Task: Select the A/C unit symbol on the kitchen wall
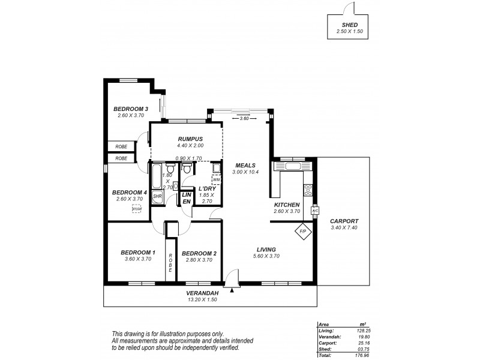point(314,211)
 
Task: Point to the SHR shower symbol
point(157,196)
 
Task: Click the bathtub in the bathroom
point(156,178)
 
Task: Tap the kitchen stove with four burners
point(308,191)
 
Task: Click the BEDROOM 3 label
point(131,109)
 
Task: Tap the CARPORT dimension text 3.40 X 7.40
point(344,229)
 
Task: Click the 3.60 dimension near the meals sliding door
point(244,118)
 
